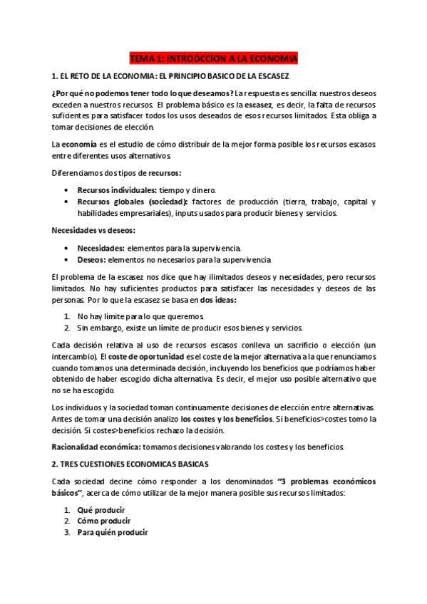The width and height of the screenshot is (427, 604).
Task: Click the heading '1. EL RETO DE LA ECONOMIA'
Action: coord(170,75)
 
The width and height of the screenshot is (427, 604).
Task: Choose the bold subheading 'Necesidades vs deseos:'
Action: coord(93,231)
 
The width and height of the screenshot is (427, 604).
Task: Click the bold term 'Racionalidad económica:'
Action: coord(96,447)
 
